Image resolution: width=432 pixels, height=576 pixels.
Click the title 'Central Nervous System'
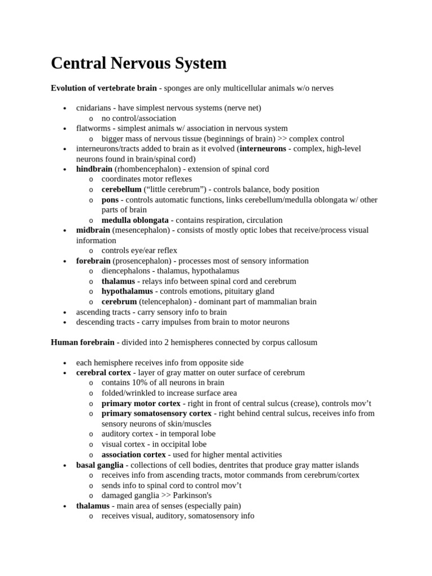click(138, 64)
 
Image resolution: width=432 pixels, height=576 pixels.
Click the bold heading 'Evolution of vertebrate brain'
click(103, 88)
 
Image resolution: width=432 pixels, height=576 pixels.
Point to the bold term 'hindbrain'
click(94, 169)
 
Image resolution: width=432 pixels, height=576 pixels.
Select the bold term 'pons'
click(110, 200)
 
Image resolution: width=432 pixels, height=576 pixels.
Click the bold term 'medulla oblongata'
click(135, 220)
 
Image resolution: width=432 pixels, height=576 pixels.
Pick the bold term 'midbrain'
click(93, 230)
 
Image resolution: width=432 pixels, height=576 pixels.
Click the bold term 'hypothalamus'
click(127, 291)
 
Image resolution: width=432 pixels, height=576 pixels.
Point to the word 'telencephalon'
click(166, 301)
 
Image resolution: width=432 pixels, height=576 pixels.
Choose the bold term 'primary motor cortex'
click(141, 403)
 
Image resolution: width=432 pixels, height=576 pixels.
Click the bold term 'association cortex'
click(134, 454)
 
